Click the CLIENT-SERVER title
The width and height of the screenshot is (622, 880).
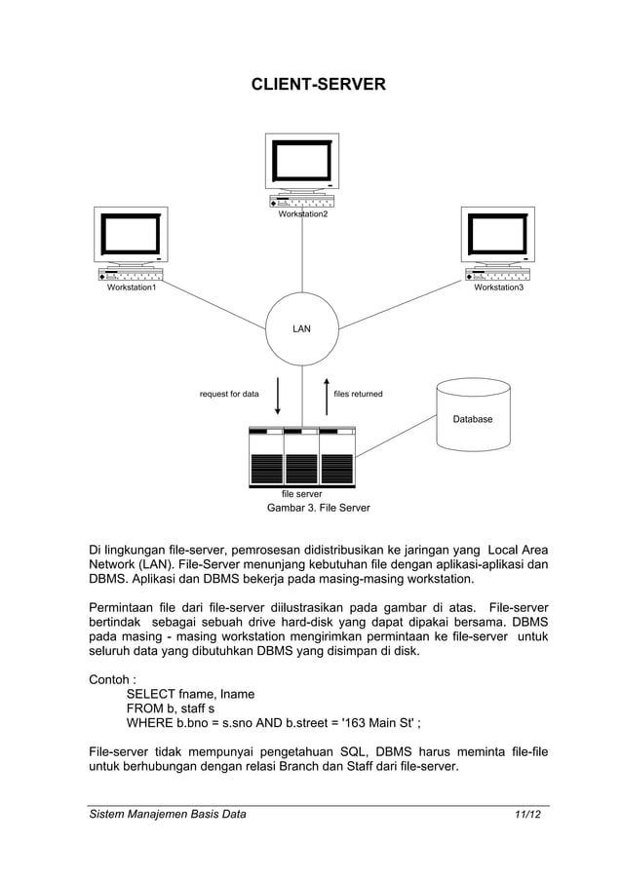click(x=319, y=85)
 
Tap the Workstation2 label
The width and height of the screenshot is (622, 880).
click(x=303, y=214)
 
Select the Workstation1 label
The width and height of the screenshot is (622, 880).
click(x=132, y=287)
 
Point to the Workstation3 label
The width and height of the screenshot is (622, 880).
click(x=499, y=287)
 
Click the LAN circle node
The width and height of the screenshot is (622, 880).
click(x=302, y=328)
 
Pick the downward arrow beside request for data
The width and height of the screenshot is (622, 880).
click(x=278, y=395)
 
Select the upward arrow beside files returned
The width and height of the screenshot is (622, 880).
click(x=327, y=395)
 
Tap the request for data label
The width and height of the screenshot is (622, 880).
click(x=229, y=395)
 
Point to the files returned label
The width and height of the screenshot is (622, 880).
click(x=358, y=395)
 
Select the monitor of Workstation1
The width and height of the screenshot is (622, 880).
click(x=132, y=234)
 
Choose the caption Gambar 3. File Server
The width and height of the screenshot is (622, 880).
click(x=318, y=509)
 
